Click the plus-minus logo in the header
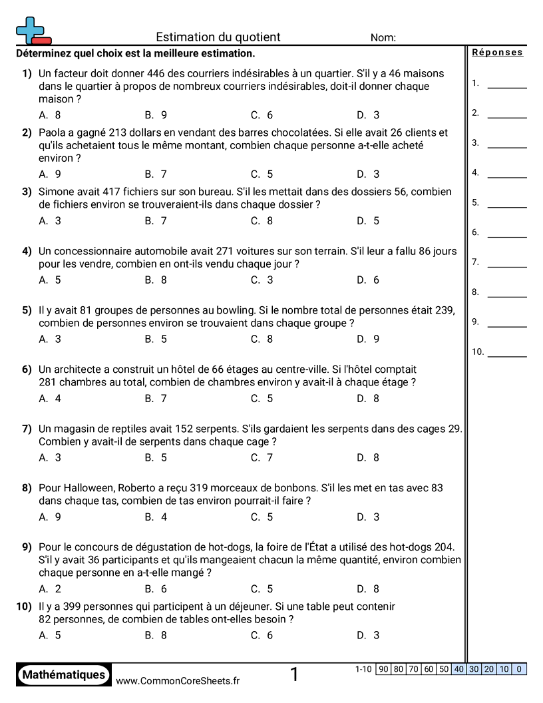pos(33,31)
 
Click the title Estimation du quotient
pos(218,37)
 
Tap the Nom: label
pos(383,38)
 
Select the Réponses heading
pos(498,53)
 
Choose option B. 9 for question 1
pos(156,115)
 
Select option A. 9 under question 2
pos(50,174)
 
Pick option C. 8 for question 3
pos(262,221)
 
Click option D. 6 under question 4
pos(368,280)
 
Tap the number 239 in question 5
pos(443,310)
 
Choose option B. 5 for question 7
pos(156,458)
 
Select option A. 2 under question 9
pos(50,589)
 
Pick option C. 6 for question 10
pos(262,635)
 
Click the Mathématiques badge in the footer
pos(64,675)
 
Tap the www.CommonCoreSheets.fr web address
pos(178,680)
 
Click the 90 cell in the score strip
pos(383,669)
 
